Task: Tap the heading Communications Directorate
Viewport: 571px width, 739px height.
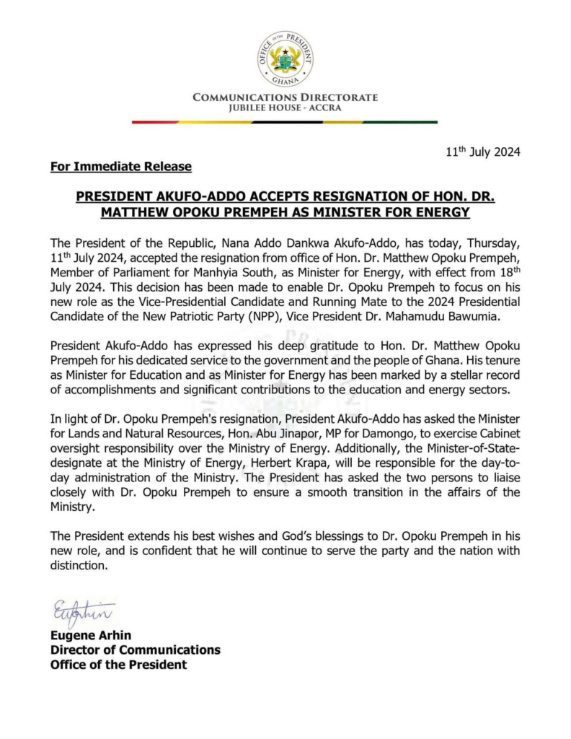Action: point(285,97)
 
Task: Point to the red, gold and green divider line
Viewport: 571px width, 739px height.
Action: point(285,122)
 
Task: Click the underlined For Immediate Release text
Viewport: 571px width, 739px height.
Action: point(121,167)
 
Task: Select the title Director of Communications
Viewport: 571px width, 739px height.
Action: point(135,650)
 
